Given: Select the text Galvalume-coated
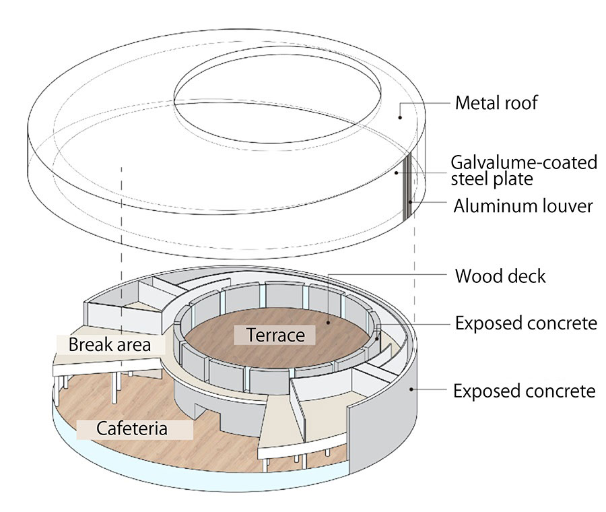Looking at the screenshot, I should coord(524,162).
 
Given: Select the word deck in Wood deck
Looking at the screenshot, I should coord(531,276).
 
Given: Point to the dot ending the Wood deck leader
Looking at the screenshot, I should coord(329,322).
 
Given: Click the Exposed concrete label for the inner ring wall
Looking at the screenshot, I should coord(525,323).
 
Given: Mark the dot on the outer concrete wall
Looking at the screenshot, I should coord(412,389).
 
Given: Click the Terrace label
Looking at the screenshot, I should coord(275,334).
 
